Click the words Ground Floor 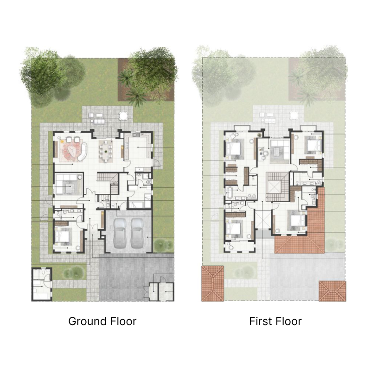point(102,321)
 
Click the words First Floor point(275,321)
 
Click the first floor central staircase point(276,185)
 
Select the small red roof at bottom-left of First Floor point(212,283)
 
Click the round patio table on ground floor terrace point(123,115)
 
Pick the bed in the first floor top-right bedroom point(310,145)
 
